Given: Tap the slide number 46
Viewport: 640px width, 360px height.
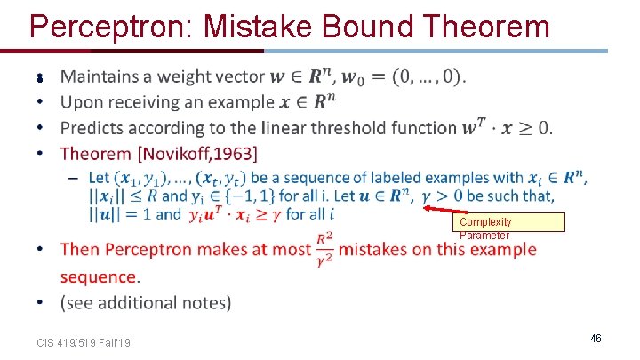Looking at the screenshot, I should pos(596,339).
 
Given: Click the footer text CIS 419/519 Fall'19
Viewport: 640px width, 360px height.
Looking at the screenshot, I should pos(84,342).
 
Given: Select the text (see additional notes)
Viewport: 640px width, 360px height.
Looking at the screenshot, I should pos(146,303).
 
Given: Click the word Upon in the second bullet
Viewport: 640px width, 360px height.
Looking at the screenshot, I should pos(81,102).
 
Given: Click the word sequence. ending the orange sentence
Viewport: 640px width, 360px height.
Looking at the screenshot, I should pos(100,276).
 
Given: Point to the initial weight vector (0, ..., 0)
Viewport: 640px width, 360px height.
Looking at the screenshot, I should pos(420,77).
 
